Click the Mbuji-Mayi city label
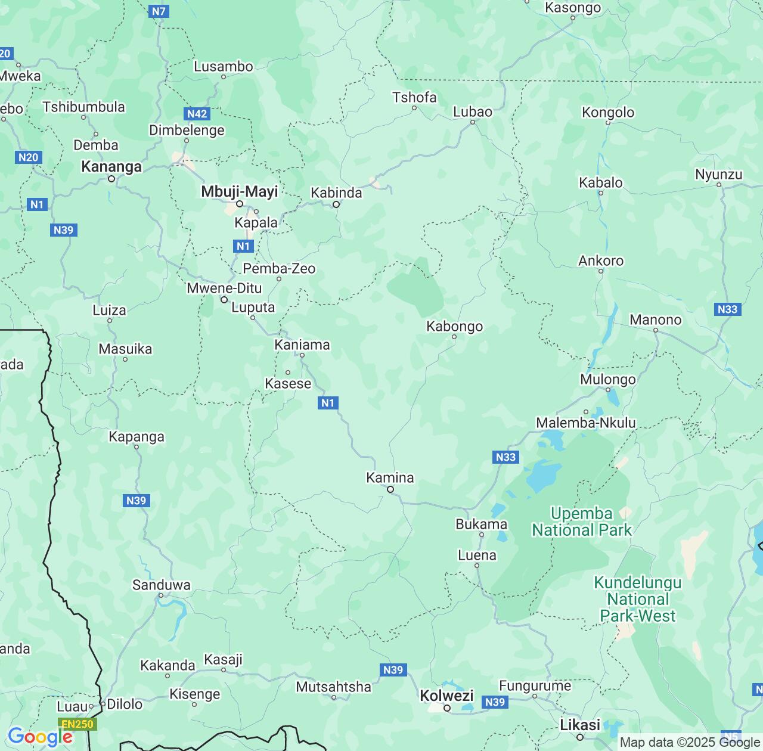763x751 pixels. click(240, 192)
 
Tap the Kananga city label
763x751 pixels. click(111, 167)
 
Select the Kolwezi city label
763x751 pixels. click(446, 696)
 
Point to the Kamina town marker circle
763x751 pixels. click(390, 489)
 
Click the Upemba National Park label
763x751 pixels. click(582, 522)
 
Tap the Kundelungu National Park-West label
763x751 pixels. click(638, 599)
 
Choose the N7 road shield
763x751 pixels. click(159, 11)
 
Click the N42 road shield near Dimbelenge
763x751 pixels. click(197, 114)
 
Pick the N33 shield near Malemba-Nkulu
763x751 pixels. click(505, 457)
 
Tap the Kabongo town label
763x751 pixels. click(454, 327)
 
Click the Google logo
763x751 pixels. click(39, 737)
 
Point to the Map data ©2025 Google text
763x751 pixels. click(690, 743)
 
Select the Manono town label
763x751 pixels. click(655, 320)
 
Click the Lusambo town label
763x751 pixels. click(224, 67)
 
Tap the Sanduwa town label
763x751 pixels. click(161, 585)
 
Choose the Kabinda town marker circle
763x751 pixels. click(336, 204)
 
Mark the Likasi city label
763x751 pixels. click(580, 725)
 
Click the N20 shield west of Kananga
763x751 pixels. click(28, 157)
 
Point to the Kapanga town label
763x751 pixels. click(136, 437)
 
